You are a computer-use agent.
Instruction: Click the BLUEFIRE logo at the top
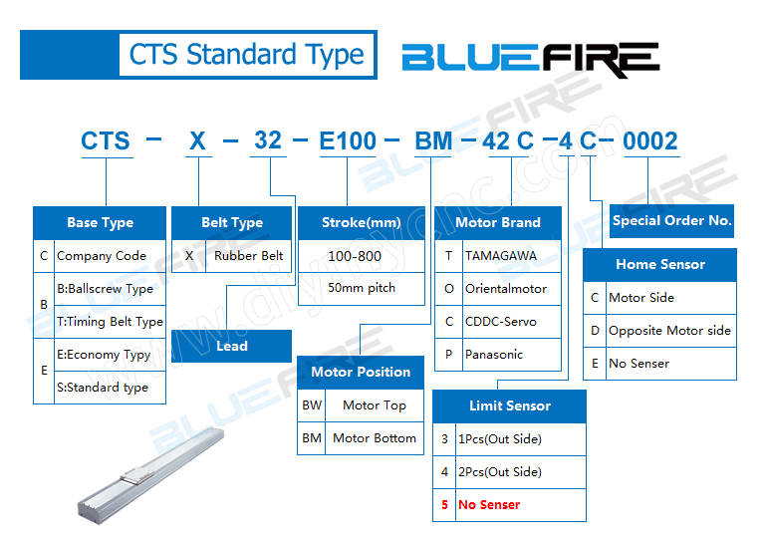tap(530, 60)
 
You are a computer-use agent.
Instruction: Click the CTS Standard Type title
tap(246, 54)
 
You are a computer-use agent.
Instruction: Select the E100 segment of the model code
tap(348, 141)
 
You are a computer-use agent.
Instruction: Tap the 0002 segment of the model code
tap(649, 141)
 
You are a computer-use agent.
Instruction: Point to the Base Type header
tap(100, 222)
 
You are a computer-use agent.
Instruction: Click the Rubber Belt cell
tap(248, 255)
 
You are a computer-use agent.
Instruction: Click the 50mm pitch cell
tap(362, 288)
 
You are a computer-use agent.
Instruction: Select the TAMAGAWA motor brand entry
tap(500, 256)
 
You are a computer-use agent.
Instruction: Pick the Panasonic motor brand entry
tap(494, 354)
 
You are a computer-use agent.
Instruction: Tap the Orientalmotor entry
tap(506, 289)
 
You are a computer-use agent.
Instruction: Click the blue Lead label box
tap(232, 346)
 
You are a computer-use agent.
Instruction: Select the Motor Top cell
tap(374, 405)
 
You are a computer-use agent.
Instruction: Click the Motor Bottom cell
tap(374, 438)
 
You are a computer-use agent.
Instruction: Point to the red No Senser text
tap(488, 505)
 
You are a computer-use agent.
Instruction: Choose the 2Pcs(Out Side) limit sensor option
tap(499, 472)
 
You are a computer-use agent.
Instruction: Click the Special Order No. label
tap(671, 221)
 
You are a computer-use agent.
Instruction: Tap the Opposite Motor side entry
tap(669, 331)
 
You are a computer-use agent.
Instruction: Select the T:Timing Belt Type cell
tap(110, 322)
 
